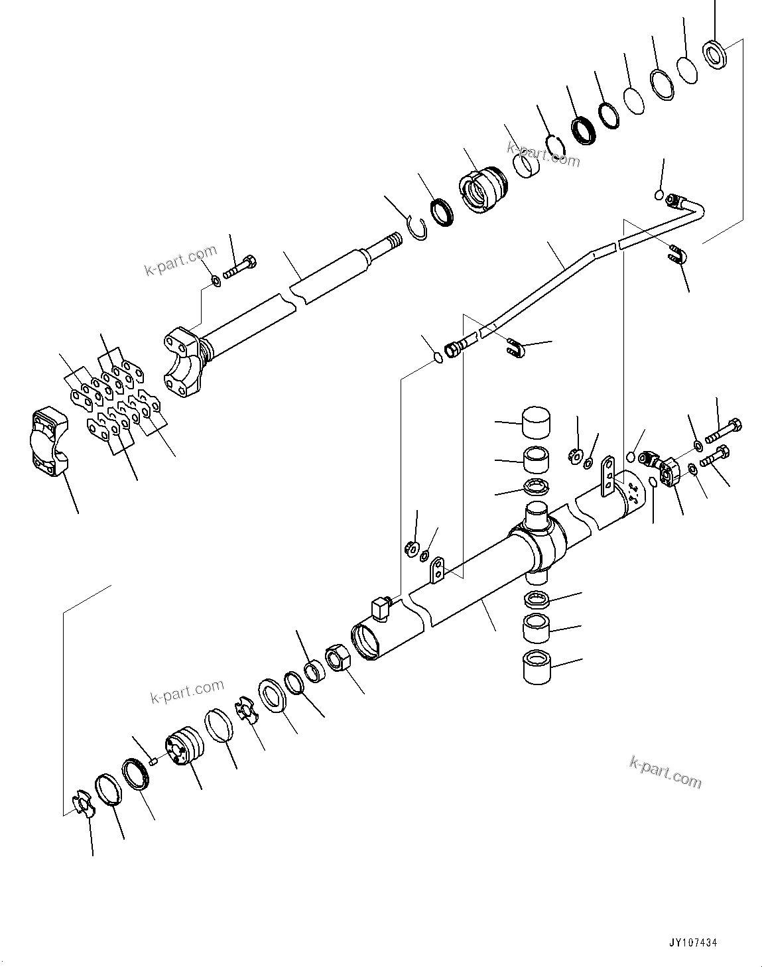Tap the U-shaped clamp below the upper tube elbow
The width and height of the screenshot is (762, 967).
677,255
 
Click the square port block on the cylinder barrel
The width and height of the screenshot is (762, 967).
380,607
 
